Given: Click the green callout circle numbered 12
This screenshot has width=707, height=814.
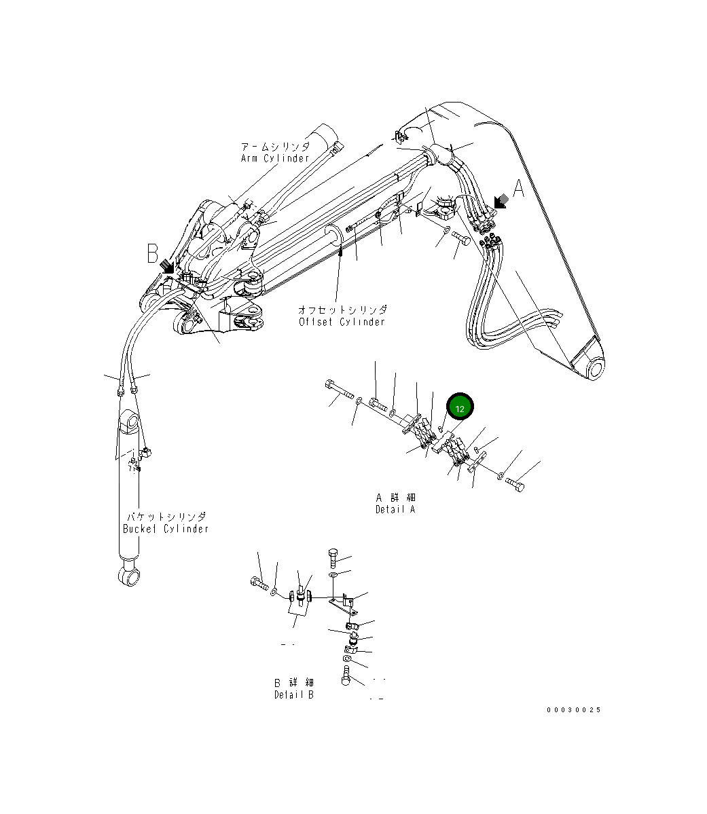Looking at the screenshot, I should click(x=460, y=408).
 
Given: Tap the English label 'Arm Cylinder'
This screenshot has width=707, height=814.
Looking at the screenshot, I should click(x=274, y=158).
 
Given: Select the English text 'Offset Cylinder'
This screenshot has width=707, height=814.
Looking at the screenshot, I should click(x=342, y=322).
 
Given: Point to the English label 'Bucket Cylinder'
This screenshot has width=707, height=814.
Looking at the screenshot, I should click(x=166, y=528).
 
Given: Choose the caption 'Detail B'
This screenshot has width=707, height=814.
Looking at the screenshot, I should click(x=294, y=695).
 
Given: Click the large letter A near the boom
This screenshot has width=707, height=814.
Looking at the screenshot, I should click(x=518, y=189).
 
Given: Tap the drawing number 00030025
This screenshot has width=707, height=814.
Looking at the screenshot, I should click(x=574, y=710).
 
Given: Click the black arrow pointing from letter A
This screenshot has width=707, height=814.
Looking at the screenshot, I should click(x=502, y=201).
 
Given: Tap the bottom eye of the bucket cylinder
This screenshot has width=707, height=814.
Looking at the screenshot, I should click(x=128, y=576).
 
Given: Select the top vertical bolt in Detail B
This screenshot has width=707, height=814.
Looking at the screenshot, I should click(x=333, y=557).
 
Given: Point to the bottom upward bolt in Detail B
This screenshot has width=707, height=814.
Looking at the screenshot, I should click(x=347, y=677).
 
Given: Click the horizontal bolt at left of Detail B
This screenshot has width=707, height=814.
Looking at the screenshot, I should click(x=259, y=582).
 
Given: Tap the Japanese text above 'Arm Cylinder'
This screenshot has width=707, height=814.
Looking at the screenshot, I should click(x=274, y=147).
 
